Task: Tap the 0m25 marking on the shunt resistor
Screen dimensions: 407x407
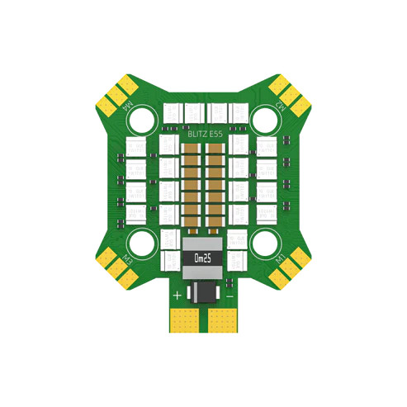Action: pos(202,258)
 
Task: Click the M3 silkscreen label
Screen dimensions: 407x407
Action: pos(127,259)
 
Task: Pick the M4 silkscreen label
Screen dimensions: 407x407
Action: pos(128,107)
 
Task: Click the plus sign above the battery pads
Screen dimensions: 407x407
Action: pos(177,294)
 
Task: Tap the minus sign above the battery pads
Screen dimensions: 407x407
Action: pos(230,294)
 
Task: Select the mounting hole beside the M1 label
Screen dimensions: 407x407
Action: pos(263,242)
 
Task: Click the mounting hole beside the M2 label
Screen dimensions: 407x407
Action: pos(263,118)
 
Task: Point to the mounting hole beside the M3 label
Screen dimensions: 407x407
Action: pos(143,242)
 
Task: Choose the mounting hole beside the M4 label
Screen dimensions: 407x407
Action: pos(143,118)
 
